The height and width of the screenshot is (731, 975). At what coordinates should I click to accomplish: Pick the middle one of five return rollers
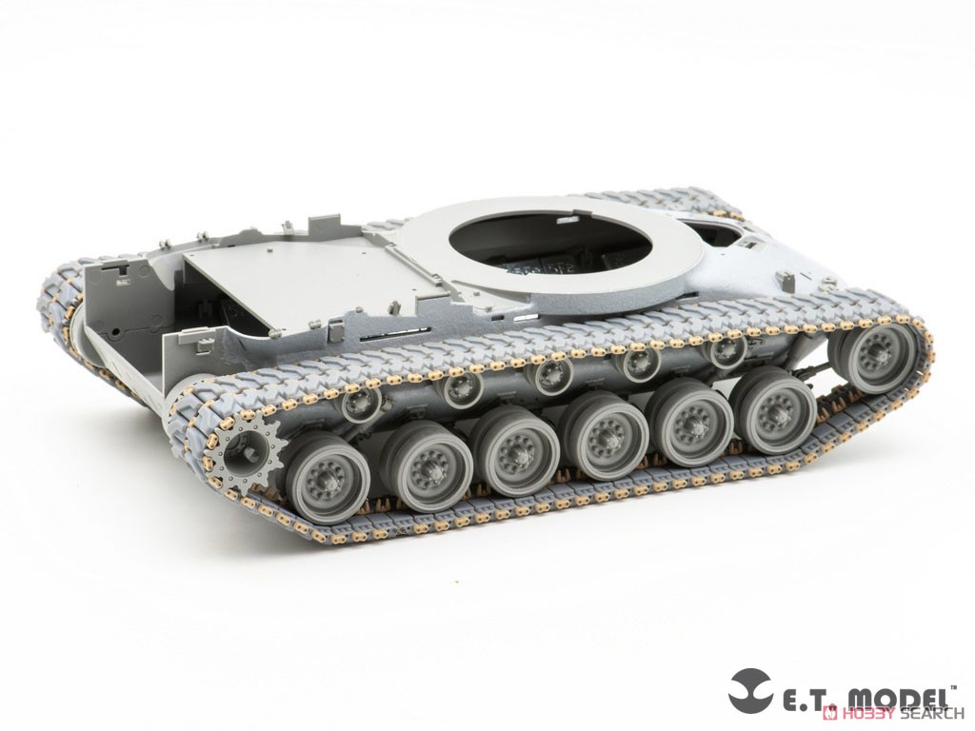(x=552, y=373)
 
